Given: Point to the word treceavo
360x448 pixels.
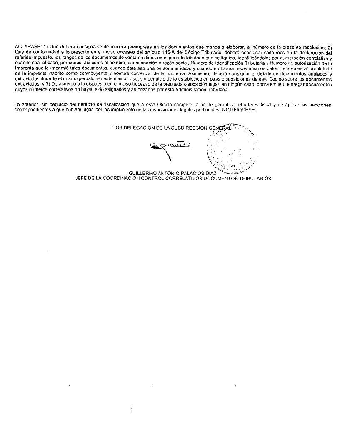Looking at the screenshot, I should pyautogui.click(x=140, y=84).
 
